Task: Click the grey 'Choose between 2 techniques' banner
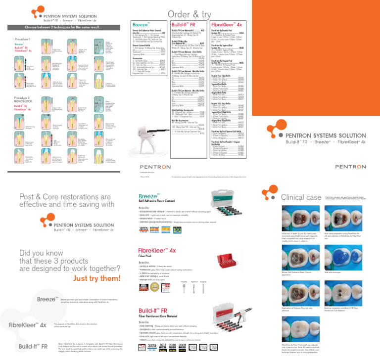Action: tap(62, 28)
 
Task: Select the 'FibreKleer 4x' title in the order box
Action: tap(226, 24)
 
